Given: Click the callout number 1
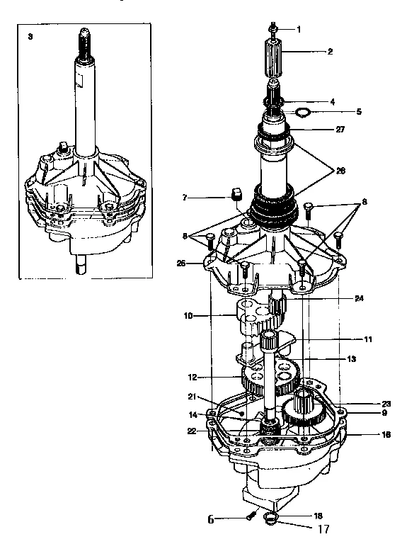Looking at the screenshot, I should [298, 29].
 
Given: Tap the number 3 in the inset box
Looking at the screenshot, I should [30, 35].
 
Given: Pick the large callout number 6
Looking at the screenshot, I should [210, 519].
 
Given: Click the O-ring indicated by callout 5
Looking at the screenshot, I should [302, 112].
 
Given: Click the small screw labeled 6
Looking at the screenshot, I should [249, 518].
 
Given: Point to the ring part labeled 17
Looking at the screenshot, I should [269, 522].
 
